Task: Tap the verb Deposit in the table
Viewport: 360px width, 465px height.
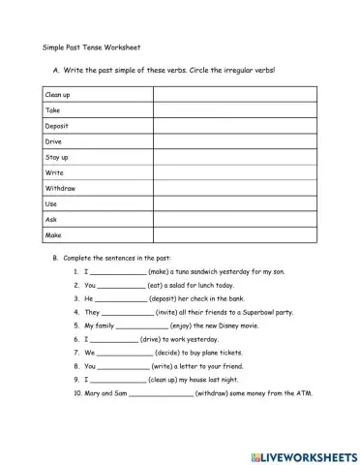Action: [x=59, y=125]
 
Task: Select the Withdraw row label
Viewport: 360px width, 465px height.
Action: [x=61, y=188]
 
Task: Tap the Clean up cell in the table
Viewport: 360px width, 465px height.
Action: [x=60, y=94]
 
